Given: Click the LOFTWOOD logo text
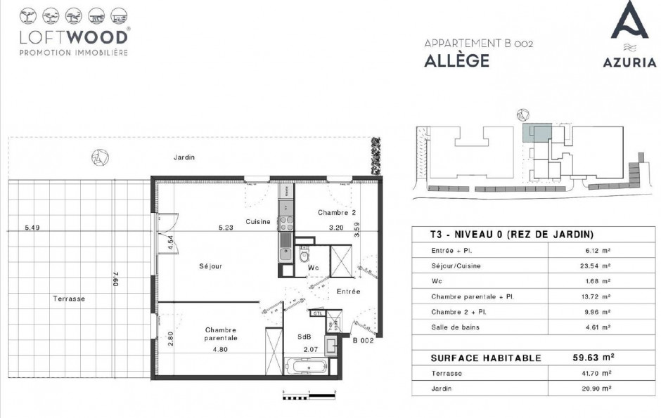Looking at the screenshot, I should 74,37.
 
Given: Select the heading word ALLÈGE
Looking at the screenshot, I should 456,60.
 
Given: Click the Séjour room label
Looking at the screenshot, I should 210,266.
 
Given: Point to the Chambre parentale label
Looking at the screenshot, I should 221,334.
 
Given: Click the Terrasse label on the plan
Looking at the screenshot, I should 69,299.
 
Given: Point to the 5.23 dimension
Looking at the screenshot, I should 226,227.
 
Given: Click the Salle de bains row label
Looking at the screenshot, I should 454,327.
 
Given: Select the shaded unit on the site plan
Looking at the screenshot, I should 539,133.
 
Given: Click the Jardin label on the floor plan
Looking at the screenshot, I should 184,158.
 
